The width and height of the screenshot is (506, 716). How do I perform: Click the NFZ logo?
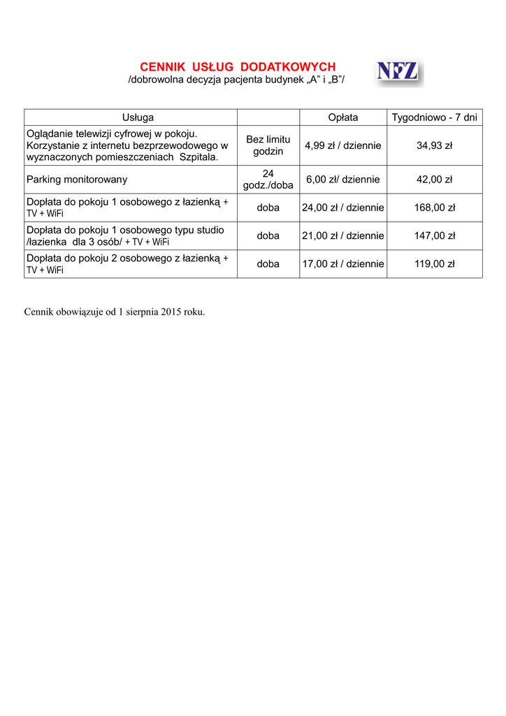tap(398, 71)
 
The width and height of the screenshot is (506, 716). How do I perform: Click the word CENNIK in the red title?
tap(163, 67)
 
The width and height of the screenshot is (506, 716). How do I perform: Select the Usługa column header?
tap(138, 117)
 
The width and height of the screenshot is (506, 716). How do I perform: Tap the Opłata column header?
tap(342, 117)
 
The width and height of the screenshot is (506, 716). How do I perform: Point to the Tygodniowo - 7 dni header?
tap(434, 117)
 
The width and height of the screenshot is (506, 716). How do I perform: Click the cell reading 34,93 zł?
tap(434, 145)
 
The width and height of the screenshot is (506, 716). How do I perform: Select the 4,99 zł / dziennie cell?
tap(342, 145)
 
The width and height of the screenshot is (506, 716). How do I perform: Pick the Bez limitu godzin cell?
tap(268, 145)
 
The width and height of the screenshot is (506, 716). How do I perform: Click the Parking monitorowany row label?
tap(77, 180)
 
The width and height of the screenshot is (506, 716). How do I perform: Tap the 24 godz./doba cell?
tap(268, 180)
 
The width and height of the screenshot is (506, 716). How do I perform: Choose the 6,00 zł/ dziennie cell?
tap(342, 180)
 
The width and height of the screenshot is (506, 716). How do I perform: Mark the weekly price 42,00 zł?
tap(434, 180)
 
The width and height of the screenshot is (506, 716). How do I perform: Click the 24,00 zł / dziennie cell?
tap(342, 208)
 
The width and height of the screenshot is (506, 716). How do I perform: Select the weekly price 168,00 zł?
tap(434, 208)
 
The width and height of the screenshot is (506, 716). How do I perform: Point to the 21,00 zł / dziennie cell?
tap(342, 236)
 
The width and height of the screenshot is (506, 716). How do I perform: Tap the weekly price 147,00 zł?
tap(434, 236)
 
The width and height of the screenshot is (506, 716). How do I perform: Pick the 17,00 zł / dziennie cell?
tap(342, 264)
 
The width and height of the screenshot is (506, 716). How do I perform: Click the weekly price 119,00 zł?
tap(434, 264)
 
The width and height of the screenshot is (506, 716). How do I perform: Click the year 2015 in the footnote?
tap(171, 312)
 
